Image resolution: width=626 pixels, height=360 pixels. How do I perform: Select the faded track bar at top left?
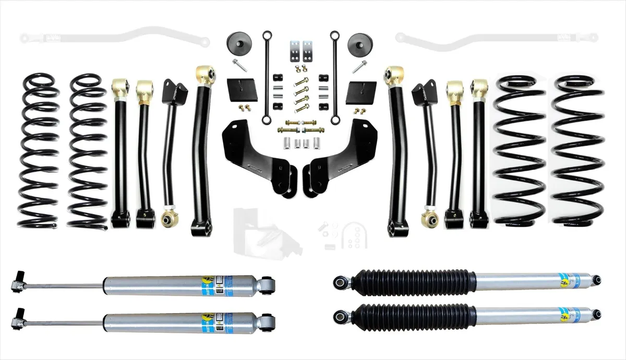(115, 38)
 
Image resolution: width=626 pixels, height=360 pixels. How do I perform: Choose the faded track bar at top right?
(496, 38)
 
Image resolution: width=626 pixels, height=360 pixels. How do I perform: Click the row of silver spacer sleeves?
(298, 142)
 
